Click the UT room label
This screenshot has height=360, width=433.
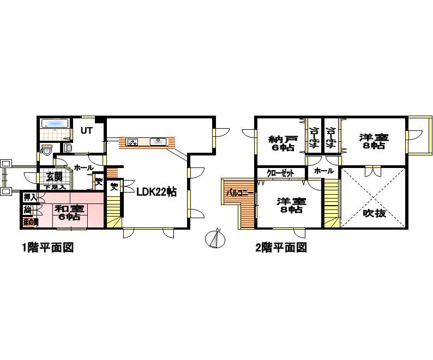click(86, 131)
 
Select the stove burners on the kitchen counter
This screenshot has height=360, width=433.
click(133, 142)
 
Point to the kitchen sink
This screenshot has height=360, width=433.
click(159, 142)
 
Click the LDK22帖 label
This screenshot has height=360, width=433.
click(156, 191)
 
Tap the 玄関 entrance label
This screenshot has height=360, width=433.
click(54, 176)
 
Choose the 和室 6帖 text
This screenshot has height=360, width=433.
click(69, 212)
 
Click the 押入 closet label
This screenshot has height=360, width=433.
click(30, 197)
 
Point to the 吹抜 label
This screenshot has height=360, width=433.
click(374, 213)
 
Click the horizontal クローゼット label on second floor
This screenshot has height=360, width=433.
click(280, 173)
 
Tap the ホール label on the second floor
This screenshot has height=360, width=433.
click(324, 171)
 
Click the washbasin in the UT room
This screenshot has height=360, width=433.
click(68, 148)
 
